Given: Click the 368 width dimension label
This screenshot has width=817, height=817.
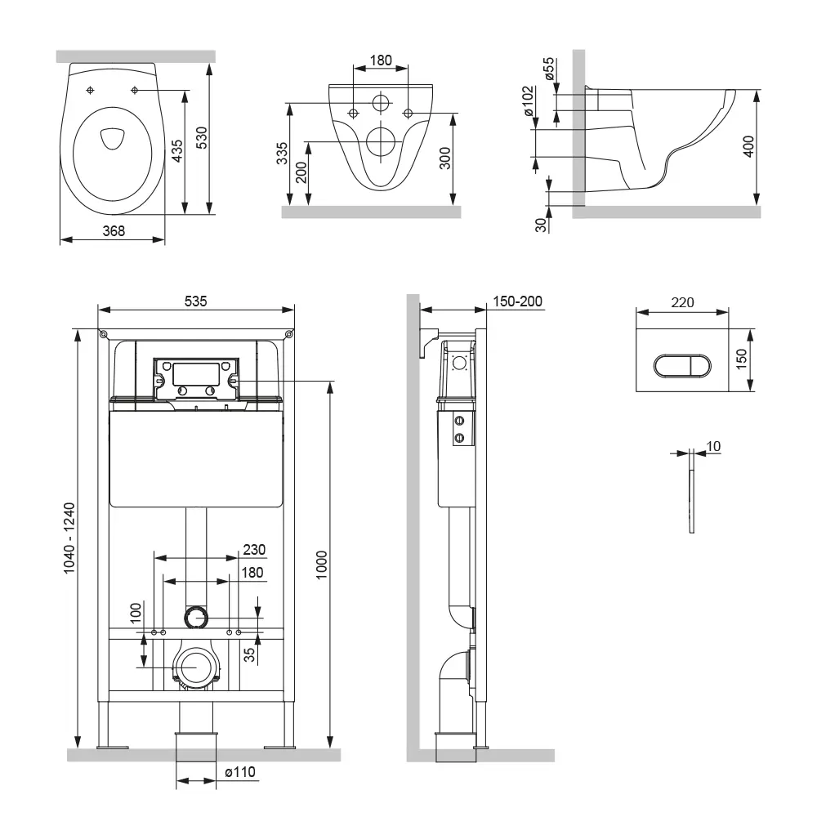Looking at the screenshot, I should click(114, 231).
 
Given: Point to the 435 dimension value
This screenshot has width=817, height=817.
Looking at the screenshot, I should click(176, 151).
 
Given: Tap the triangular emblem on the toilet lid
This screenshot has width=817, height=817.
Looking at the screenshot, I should click(108, 139).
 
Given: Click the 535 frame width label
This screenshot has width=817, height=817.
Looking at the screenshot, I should click(195, 301).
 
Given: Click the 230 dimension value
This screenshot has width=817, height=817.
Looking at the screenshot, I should click(254, 550).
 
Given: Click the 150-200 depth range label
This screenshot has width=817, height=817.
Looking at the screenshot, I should click(517, 301).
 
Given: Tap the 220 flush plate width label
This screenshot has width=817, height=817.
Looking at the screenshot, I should click(682, 302).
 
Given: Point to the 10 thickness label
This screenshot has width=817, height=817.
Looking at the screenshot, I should click(715, 446).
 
